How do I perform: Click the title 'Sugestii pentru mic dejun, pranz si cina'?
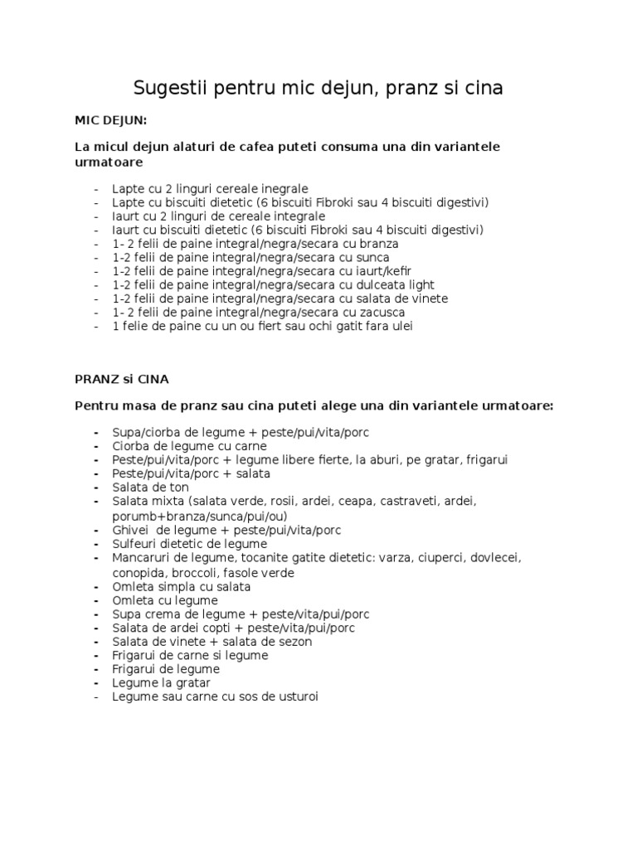[318, 88]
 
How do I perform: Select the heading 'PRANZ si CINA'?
[121, 379]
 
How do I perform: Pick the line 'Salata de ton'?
[150, 488]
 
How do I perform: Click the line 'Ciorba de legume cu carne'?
[190, 446]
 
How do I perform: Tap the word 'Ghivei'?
[132, 530]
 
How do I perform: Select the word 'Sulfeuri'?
[136, 544]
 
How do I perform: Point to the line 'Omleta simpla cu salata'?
[182, 586]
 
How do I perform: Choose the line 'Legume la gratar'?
[162, 683]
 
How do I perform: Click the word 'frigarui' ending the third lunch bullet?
[487, 460]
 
